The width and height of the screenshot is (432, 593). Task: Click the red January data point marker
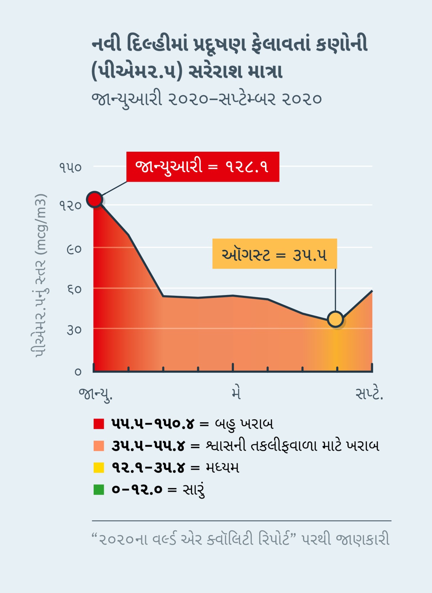[95, 199]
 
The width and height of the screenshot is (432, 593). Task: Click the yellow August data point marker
[336, 319]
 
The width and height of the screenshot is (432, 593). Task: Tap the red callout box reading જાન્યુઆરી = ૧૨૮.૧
[203, 167]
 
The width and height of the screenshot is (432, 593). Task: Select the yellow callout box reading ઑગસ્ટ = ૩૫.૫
[274, 254]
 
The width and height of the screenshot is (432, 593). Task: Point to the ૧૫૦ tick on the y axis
[71, 168]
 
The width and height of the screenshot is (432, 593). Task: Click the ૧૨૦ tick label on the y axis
[71, 206]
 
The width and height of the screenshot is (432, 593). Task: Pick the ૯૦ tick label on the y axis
[74, 249]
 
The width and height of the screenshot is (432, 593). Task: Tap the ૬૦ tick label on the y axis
[74, 289]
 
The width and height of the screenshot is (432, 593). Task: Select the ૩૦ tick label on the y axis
[74, 330]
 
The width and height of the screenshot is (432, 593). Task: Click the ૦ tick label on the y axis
[78, 371]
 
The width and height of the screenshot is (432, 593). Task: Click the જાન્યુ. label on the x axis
[95, 394]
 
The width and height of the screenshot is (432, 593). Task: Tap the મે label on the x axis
[236, 393]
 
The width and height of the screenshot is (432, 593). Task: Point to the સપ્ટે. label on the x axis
[369, 394]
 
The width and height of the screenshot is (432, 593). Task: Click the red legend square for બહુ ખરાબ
[99, 424]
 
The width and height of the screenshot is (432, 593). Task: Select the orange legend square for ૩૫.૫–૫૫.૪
[99, 446]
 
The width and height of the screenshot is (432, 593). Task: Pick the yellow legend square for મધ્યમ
[99, 468]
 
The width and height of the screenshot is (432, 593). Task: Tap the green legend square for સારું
[99, 490]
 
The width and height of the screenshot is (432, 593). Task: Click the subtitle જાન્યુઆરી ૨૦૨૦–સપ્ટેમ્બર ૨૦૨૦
[206, 99]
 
